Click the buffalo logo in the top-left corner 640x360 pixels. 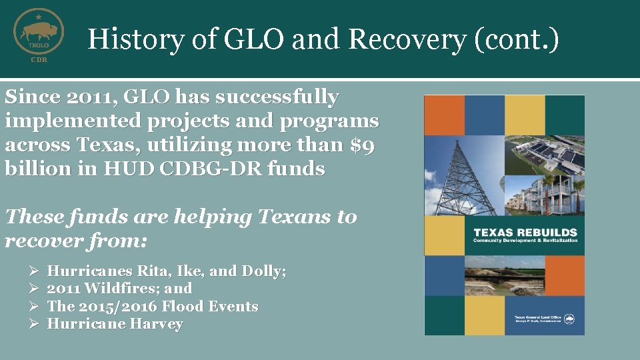click(39, 31)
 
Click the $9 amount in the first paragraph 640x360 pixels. click(363, 145)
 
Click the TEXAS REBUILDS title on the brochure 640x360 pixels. click(525, 232)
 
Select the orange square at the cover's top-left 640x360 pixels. click(444, 115)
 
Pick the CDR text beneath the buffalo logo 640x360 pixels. click(39, 60)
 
